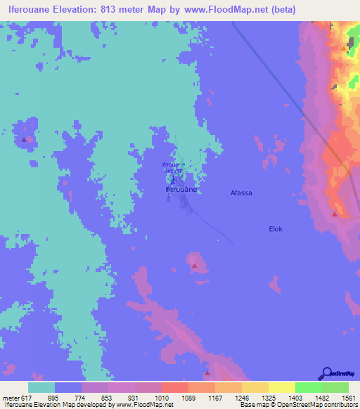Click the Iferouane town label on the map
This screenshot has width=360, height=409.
[180, 190]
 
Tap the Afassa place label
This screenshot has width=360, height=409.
[241, 192]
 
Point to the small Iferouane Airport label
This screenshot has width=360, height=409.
[173, 167]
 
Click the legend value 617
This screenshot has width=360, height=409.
[27, 398]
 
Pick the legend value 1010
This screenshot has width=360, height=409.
[148, 398]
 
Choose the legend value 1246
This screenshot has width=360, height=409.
[228, 398]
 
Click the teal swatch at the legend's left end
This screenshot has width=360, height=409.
[41, 387]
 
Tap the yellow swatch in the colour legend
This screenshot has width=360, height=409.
[281, 387]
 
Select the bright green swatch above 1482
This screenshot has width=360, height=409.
[308, 387]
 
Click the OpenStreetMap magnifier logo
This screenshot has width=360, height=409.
[326, 373]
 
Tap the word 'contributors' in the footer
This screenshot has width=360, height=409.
[338, 405]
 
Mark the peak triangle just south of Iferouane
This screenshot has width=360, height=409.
[194, 266]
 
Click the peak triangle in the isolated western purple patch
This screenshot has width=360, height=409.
[25, 139]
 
